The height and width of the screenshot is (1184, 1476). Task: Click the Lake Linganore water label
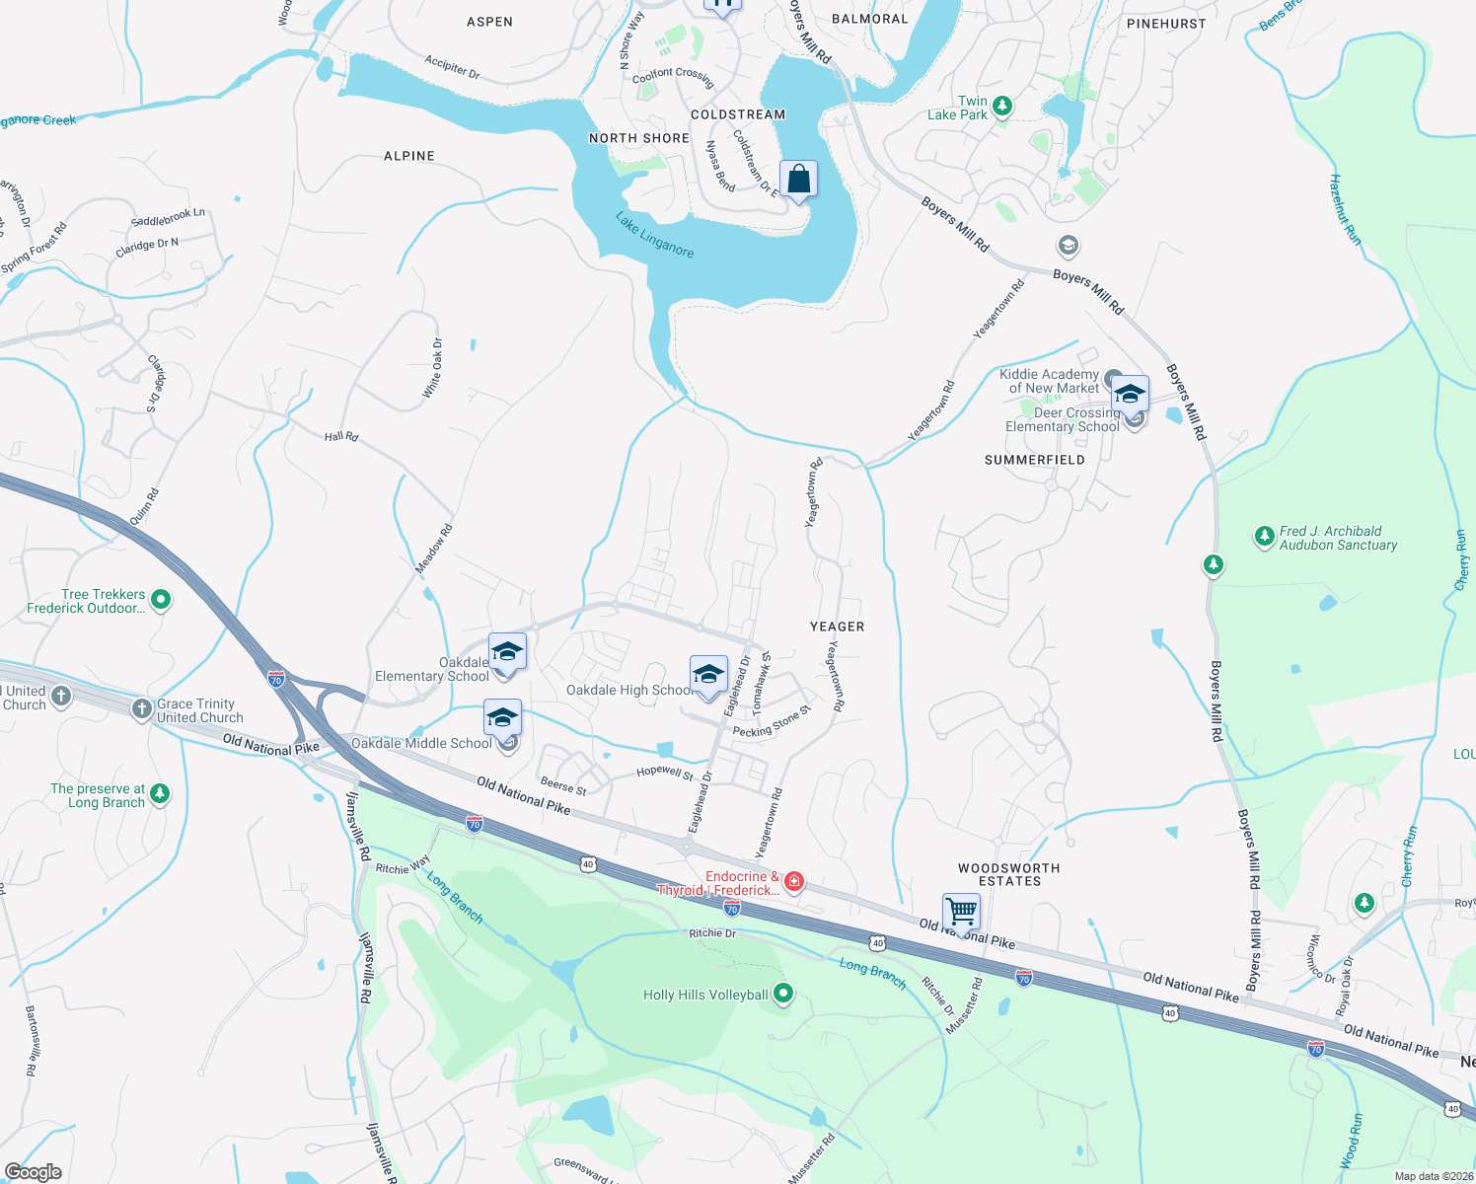pyautogui.click(x=655, y=235)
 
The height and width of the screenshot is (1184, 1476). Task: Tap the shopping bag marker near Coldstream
pyautogui.click(x=798, y=180)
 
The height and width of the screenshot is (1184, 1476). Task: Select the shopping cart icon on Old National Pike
pyautogui.click(x=961, y=911)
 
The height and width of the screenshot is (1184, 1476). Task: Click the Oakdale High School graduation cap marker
pyautogui.click(x=708, y=675)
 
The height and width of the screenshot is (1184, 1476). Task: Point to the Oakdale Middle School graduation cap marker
pyautogui.click(x=502, y=717)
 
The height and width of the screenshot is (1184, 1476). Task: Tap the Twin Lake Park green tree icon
pyautogui.click(x=1002, y=106)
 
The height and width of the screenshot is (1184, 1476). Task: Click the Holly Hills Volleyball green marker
pyautogui.click(x=783, y=994)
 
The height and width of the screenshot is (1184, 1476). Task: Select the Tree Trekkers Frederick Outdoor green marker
pyautogui.click(x=161, y=599)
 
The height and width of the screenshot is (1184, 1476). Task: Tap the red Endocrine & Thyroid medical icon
pyautogui.click(x=793, y=881)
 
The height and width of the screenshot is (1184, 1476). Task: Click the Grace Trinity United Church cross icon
pyautogui.click(x=142, y=708)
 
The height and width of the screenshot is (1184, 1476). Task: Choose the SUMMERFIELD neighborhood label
pyautogui.click(x=1035, y=460)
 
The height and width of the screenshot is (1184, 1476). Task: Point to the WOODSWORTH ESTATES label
pyautogui.click(x=1009, y=874)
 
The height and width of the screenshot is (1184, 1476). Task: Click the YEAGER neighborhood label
pyautogui.click(x=837, y=627)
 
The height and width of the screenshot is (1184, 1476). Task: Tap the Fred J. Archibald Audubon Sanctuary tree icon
pyautogui.click(x=1264, y=536)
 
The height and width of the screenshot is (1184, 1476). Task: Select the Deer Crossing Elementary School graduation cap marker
pyautogui.click(x=1130, y=395)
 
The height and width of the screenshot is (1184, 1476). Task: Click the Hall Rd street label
pyautogui.click(x=341, y=436)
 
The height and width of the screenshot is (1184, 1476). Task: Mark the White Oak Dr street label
pyautogui.click(x=433, y=368)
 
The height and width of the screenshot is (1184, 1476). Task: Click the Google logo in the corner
pyautogui.click(x=34, y=1171)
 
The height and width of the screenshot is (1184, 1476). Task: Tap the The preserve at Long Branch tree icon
pyautogui.click(x=161, y=793)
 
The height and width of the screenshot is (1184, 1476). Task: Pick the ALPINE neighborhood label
pyautogui.click(x=409, y=156)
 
